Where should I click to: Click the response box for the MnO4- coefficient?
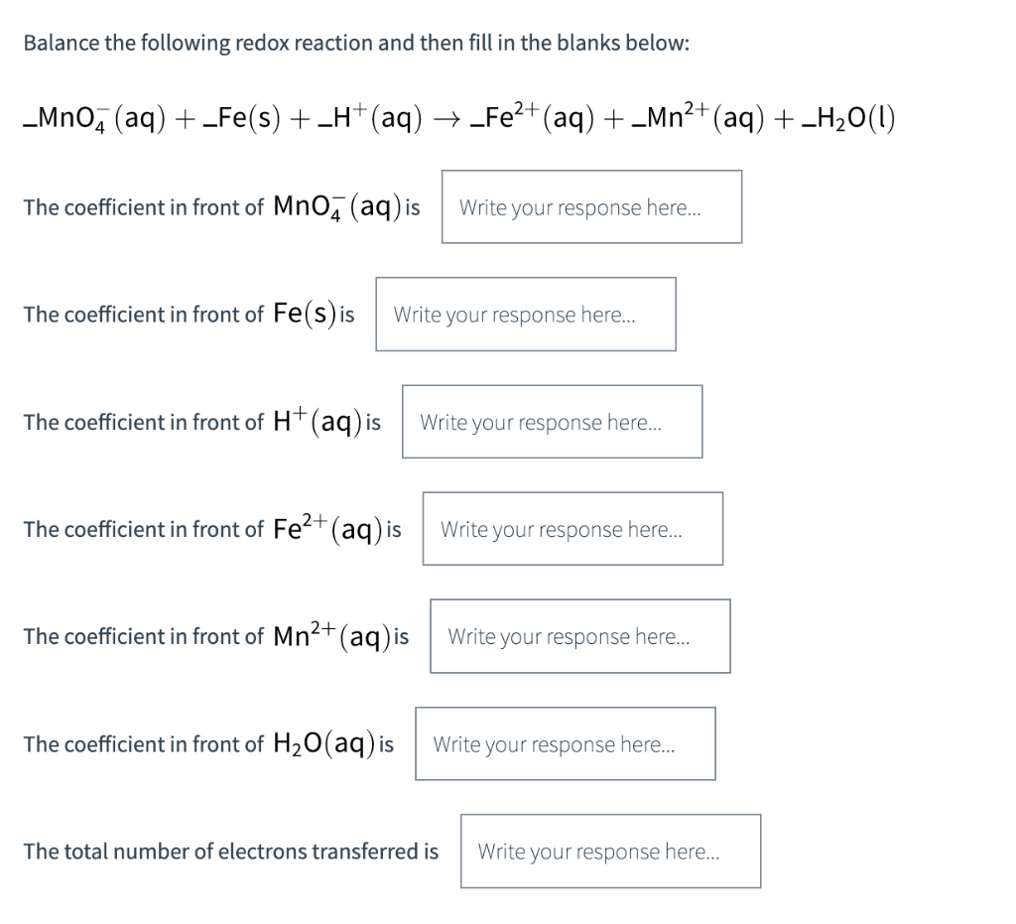591,207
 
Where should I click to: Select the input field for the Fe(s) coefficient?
525,315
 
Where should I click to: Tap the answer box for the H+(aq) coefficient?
552,422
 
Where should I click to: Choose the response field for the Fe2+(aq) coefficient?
572,529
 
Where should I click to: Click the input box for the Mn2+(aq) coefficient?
579,636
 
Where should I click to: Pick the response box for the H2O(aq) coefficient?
565,743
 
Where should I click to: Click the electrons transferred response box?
610,851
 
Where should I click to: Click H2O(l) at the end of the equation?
852,120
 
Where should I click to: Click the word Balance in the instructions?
57,44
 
